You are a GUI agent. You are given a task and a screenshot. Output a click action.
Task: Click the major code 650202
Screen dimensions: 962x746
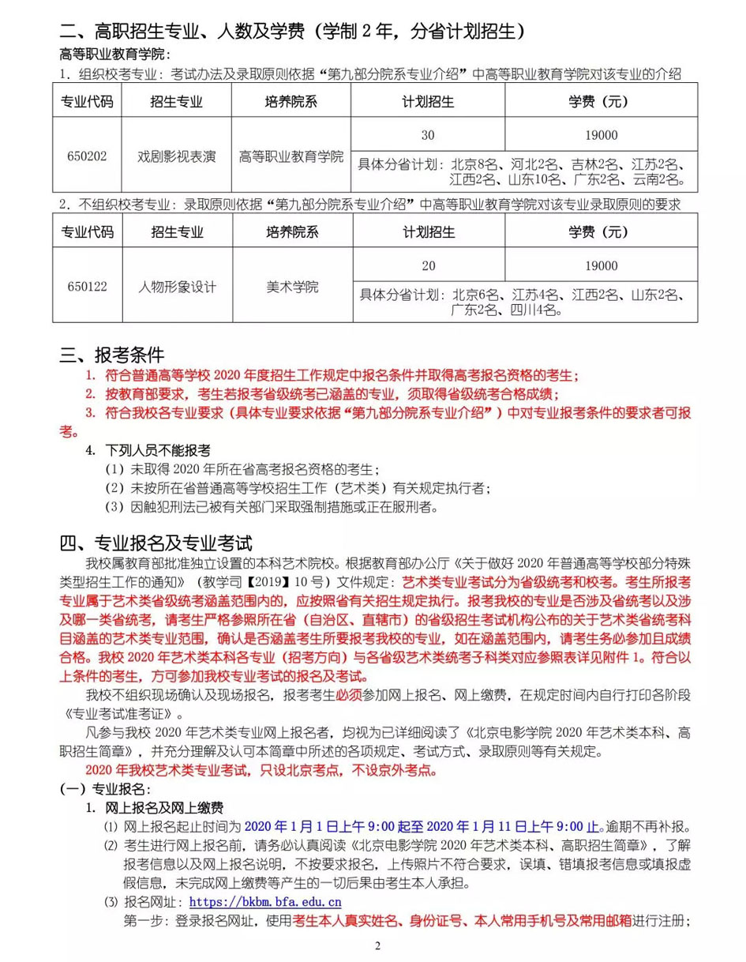tap(87, 156)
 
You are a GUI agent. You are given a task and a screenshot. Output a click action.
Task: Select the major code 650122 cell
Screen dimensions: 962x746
tap(87, 286)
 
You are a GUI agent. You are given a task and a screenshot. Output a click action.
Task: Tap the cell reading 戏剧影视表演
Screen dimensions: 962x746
tap(176, 156)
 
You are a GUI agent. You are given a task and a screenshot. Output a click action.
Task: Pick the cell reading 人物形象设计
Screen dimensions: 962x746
tap(176, 286)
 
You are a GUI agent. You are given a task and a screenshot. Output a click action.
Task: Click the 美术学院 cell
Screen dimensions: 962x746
tap(291, 286)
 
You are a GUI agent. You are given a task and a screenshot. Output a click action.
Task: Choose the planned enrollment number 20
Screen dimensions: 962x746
tap(428, 265)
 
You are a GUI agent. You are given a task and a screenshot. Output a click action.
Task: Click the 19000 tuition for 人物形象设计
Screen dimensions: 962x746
tap(602, 265)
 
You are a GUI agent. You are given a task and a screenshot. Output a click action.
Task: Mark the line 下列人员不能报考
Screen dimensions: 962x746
tap(159, 450)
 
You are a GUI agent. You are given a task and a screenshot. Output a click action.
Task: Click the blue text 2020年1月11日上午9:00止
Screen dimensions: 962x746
tap(513, 827)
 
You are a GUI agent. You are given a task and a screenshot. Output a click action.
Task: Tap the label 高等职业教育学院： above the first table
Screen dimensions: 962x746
tap(110, 54)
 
